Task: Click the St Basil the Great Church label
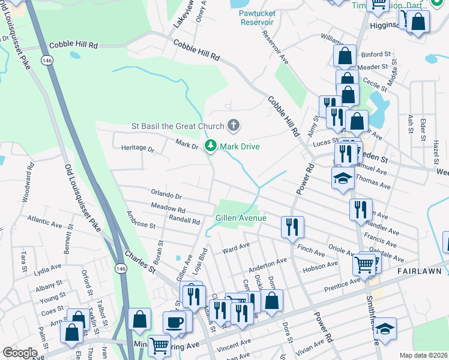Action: click(x=178, y=126)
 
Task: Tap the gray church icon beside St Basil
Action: click(x=234, y=126)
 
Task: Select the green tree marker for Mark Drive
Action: click(x=211, y=146)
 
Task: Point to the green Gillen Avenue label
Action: click(x=241, y=218)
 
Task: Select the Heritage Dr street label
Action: click(x=138, y=148)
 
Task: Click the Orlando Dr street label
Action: click(x=166, y=196)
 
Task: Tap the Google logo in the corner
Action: click(x=20, y=353)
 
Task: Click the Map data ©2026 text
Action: click(x=423, y=355)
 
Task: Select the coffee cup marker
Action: click(x=175, y=322)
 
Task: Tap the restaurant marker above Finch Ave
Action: click(x=292, y=227)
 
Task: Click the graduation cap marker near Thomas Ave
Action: click(x=343, y=178)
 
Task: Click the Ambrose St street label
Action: click(x=141, y=220)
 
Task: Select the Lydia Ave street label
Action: click(x=49, y=268)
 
